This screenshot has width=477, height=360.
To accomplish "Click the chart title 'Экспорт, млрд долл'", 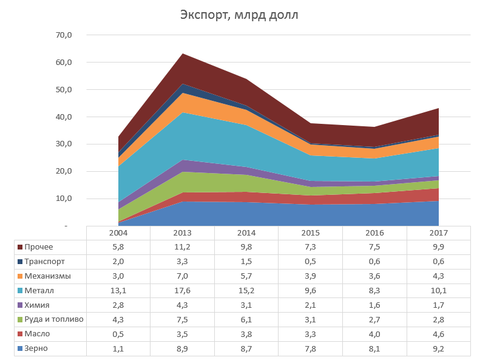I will tap(239, 15).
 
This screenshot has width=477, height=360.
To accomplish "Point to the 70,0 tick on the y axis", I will tap(64, 35).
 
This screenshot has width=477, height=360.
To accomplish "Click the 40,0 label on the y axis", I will tap(64, 117).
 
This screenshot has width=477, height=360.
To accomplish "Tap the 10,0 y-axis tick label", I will tap(64, 199).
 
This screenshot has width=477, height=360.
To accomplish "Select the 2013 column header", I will tap(182, 233).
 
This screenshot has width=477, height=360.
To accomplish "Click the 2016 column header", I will tap(374, 233).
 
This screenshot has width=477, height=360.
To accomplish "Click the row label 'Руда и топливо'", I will tap(54, 319).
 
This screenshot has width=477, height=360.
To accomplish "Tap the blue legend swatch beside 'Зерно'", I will tap(20, 348).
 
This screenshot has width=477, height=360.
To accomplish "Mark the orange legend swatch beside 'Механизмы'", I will tap(20, 276).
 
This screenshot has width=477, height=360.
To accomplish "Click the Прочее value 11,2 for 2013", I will tap(182, 247).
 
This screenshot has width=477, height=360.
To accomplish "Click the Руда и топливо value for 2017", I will tap(439, 319).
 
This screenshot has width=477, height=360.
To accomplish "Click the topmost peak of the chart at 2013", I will tap(182, 54).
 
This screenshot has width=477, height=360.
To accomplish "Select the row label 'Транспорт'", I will tap(44, 262).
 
